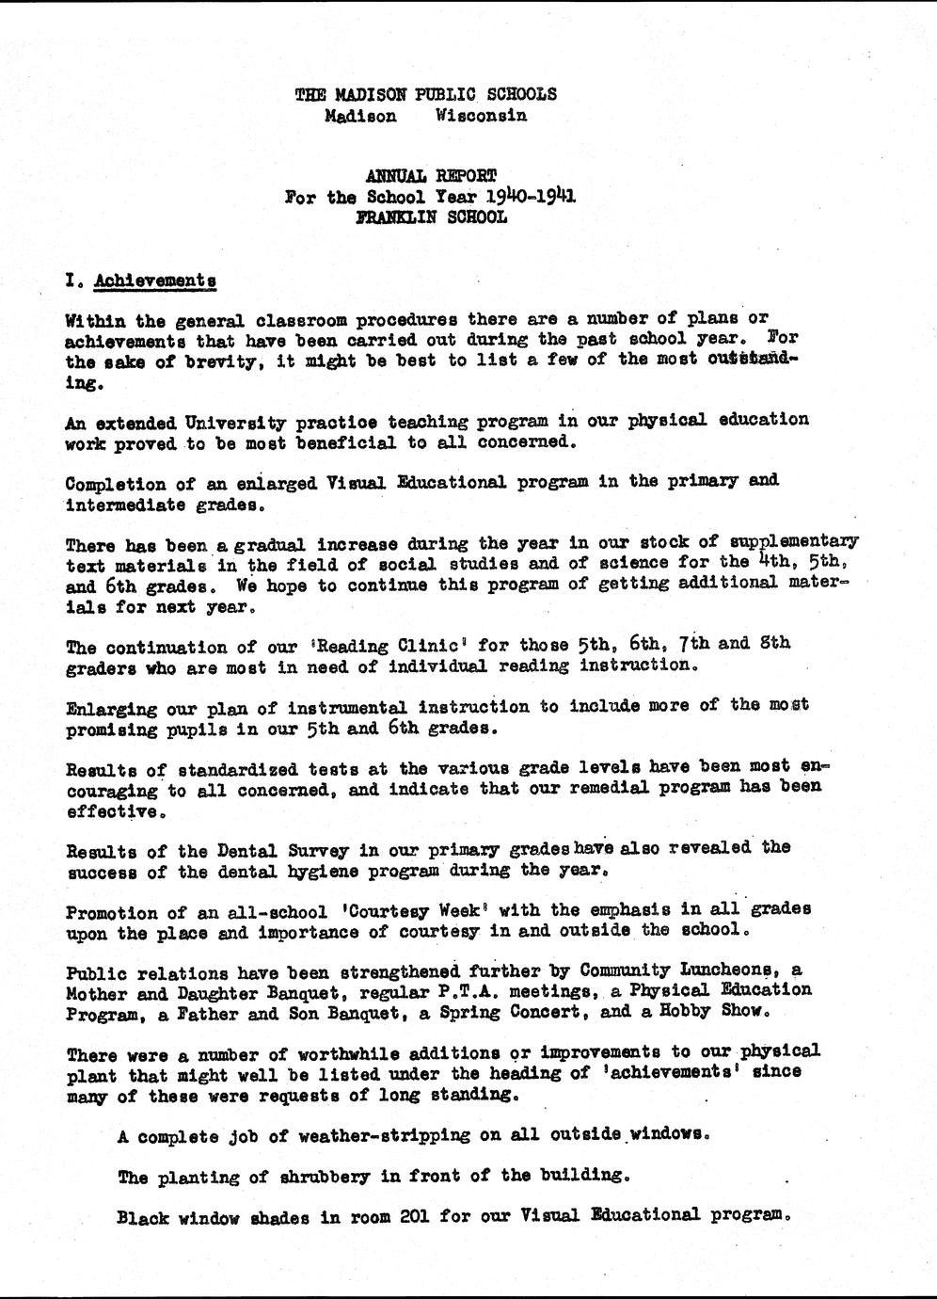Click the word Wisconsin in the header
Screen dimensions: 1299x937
click(481, 116)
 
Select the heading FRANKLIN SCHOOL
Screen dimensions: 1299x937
click(432, 216)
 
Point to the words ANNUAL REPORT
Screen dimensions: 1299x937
click(431, 175)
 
